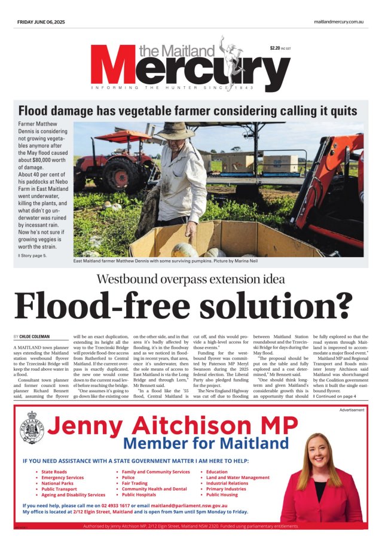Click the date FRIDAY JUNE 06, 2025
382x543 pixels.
pyautogui.click(x=39, y=22)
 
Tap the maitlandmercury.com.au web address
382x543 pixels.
pyautogui.click(x=339, y=22)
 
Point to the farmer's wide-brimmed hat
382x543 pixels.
pyautogui.click(x=175, y=130)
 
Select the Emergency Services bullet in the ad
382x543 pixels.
pyautogui.click(x=62, y=478)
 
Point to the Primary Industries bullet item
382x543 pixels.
pyautogui.click(x=226, y=489)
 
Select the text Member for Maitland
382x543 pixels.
pyautogui.click(x=206, y=444)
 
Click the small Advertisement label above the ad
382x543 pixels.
pyautogui.click(x=352, y=410)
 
